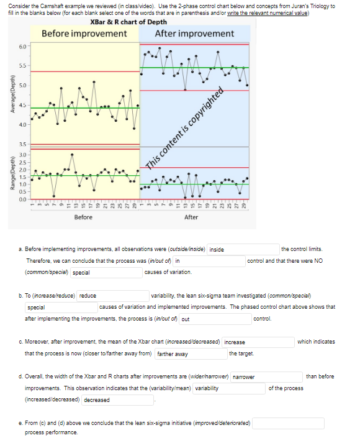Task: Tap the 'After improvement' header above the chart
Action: (194, 33)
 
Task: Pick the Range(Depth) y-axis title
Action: (8, 171)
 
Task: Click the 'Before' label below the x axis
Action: (84, 217)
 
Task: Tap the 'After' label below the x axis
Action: (191, 217)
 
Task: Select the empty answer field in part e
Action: (287, 423)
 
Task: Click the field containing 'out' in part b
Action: (215, 319)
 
